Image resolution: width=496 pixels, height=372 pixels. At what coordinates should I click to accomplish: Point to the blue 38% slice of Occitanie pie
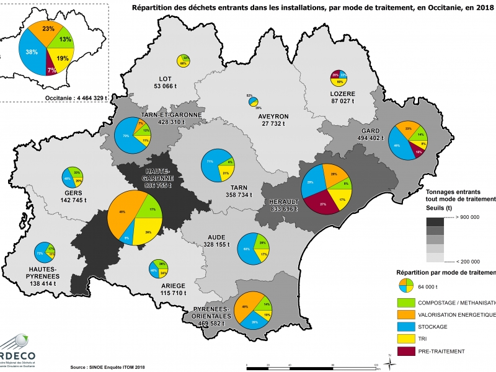click(31, 52)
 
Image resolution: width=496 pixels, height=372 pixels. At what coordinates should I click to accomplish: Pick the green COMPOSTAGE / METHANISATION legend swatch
click(407, 303)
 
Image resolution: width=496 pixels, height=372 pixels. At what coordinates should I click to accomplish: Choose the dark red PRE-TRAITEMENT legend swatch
click(407, 351)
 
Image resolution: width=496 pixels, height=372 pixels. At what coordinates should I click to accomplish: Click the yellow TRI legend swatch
click(407, 339)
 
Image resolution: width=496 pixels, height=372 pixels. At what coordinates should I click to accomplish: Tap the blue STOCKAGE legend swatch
click(407, 327)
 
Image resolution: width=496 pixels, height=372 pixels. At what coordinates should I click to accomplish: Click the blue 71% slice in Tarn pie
click(210, 166)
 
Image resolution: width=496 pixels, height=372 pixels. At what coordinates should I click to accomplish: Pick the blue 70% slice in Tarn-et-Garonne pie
click(126, 135)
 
